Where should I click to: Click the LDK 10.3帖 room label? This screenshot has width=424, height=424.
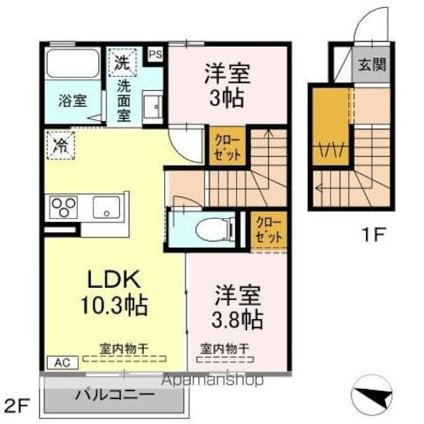115,292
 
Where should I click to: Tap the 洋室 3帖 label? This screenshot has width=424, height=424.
225,85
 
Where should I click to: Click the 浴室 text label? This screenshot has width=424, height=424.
72,101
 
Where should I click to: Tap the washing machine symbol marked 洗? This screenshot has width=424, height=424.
122,64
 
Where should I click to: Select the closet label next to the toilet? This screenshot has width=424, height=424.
269,229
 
